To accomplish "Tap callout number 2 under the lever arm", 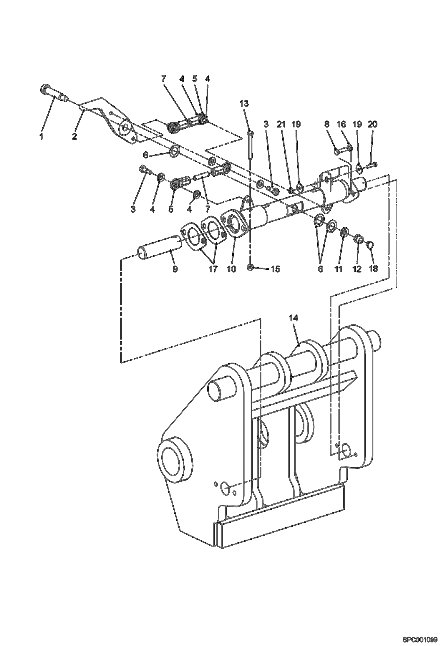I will click(74, 137).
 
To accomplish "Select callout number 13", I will click(244, 104).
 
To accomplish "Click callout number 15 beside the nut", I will click(275, 269).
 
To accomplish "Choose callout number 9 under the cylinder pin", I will click(175, 269).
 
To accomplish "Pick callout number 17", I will click(213, 269).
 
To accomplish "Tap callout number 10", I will click(232, 269).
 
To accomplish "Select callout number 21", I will click(281, 125).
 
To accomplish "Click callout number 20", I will click(372, 125).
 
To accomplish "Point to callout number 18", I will click(373, 269).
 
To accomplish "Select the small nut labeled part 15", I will click(250, 267).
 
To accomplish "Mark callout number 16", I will click(341, 125).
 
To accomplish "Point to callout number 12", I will click(357, 269).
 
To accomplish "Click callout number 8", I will click(327, 125).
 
